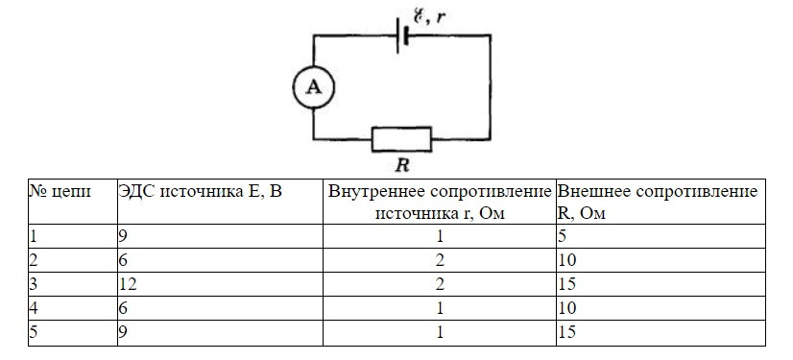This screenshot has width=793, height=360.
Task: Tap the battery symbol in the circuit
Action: pyautogui.click(x=402, y=35)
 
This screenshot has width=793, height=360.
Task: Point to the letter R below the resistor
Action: pyautogui.click(x=401, y=166)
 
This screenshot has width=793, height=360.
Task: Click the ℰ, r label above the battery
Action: pyautogui.click(x=429, y=16)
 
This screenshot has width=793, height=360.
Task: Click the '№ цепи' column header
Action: pyautogui.click(x=60, y=192)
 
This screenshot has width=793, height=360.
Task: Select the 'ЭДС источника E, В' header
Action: pyautogui.click(x=200, y=192)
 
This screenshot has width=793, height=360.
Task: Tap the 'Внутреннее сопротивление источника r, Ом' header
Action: pyautogui.click(x=440, y=203)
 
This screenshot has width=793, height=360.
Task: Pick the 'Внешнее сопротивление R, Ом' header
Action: pyautogui.click(x=658, y=203)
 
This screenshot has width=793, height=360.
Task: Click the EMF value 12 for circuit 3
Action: pyautogui.click(x=128, y=284)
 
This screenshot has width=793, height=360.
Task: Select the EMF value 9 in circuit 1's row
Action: pyautogui.click(x=124, y=236)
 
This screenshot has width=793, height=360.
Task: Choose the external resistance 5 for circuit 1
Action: pyautogui.click(x=562, y=236)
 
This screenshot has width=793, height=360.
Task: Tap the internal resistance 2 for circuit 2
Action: pyautogui.click(x=440, y=260)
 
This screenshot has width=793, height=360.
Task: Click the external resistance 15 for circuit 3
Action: pyautogui.click(x=566, y=284)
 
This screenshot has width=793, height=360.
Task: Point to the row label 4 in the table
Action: pyautogui.click(x=34, y=308)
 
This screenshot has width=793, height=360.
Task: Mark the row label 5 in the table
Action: pyautogui.click(x=34, y=332)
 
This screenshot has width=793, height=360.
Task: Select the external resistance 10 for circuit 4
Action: pyautogui.click(x=566, y=308)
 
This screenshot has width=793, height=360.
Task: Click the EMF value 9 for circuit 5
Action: pyautogui.click(x=124, y=332)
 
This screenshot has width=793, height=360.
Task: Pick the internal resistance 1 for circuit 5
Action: pyautogui.click(x=440, y=332)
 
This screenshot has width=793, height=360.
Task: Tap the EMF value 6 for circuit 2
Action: pyautogui.click(x=124, y=260)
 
